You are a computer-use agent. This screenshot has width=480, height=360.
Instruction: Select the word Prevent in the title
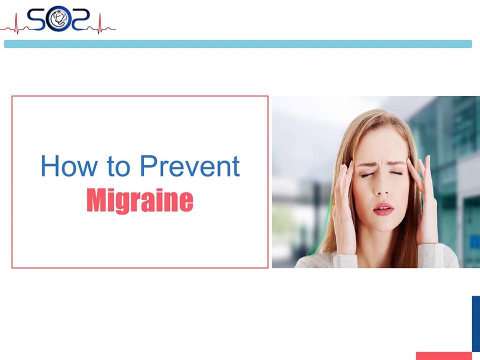[189, 166]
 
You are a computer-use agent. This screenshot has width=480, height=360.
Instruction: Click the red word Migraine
[139, 201]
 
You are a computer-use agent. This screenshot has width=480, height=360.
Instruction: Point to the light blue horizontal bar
[237, 44]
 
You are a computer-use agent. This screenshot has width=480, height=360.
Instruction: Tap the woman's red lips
[383, 208]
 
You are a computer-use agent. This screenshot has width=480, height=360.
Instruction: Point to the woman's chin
[382, 225]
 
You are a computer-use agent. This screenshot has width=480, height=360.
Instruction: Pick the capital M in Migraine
[97, 200]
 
